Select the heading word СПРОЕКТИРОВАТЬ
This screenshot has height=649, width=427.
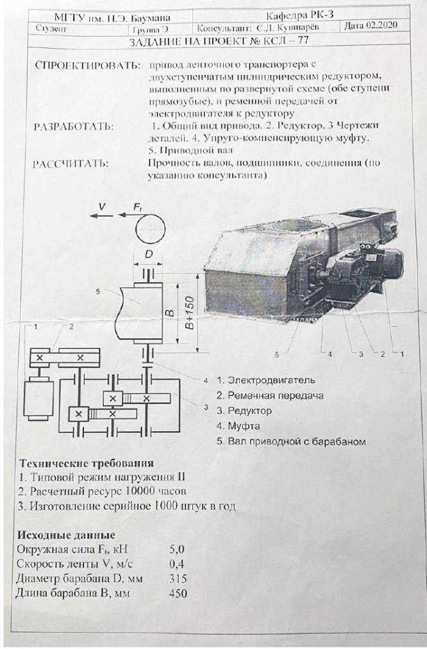pos(88,66)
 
